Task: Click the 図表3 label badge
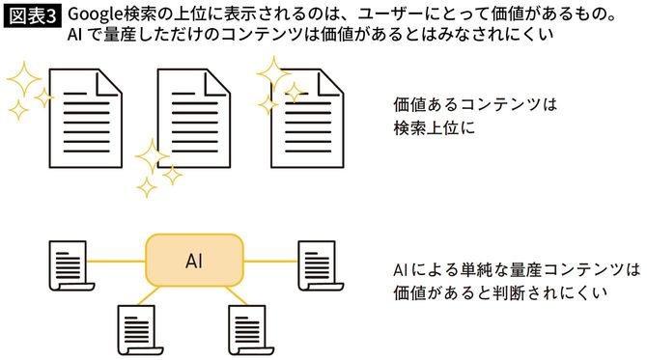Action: [x=32, y=15]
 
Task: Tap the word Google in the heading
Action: [x=97, y=15]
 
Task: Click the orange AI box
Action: [x=192, y=262]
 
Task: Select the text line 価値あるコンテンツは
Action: [x=477, y=103]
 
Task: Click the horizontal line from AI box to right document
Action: [x=267, y=260]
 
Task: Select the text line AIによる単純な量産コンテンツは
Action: [x=517, y=267]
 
